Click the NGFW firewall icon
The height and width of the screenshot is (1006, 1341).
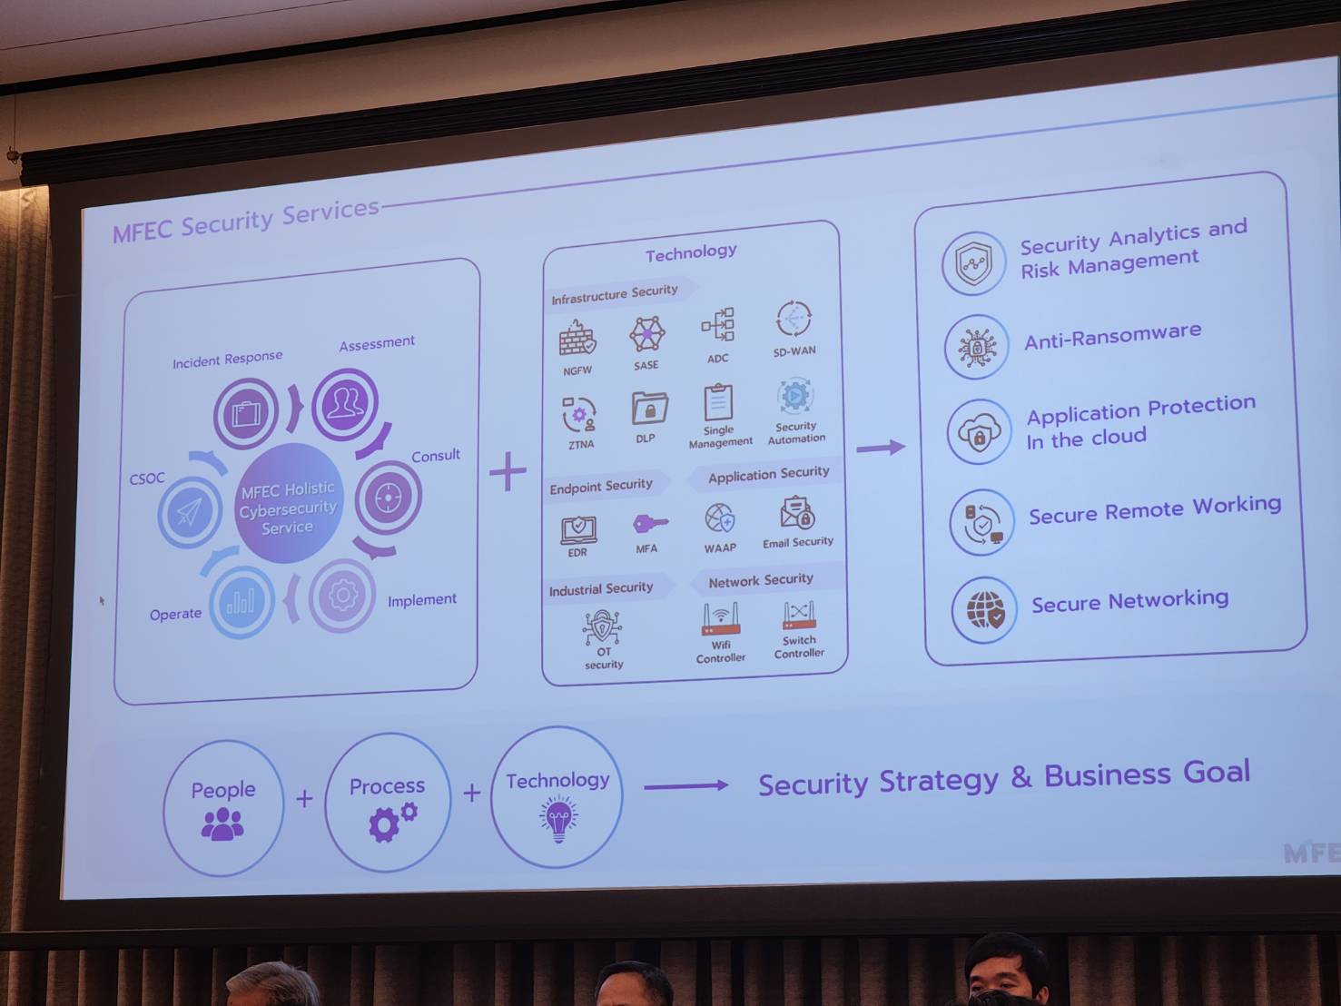[x=577, y=338]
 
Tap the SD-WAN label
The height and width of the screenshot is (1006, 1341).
[x=794, y=351]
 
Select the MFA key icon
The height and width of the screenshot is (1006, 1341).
[x=650, y=524]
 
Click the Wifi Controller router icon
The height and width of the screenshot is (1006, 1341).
[x=721, y=618]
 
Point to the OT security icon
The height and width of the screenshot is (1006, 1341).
[x=602, y=627]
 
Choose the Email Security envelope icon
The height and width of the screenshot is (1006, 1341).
[x=796, y=512]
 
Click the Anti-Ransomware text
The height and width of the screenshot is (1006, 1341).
[x=1112, y=335]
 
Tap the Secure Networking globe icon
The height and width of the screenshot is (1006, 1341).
[x=985, y=610]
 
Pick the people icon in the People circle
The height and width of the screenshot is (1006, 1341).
[x=222, y=824]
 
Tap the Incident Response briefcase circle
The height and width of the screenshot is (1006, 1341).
[x=246, y=413]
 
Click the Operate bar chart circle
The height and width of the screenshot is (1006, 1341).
[x=242, y=602]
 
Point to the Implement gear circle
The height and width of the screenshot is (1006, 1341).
[x=342, y=595]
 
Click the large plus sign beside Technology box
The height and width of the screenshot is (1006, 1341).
[x=508, y=471]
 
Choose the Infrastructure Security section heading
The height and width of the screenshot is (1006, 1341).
[x=615, y=294]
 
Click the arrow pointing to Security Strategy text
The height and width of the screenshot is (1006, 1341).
[x=686, y=785]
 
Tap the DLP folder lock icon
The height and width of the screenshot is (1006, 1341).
[x=649, y=408]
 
